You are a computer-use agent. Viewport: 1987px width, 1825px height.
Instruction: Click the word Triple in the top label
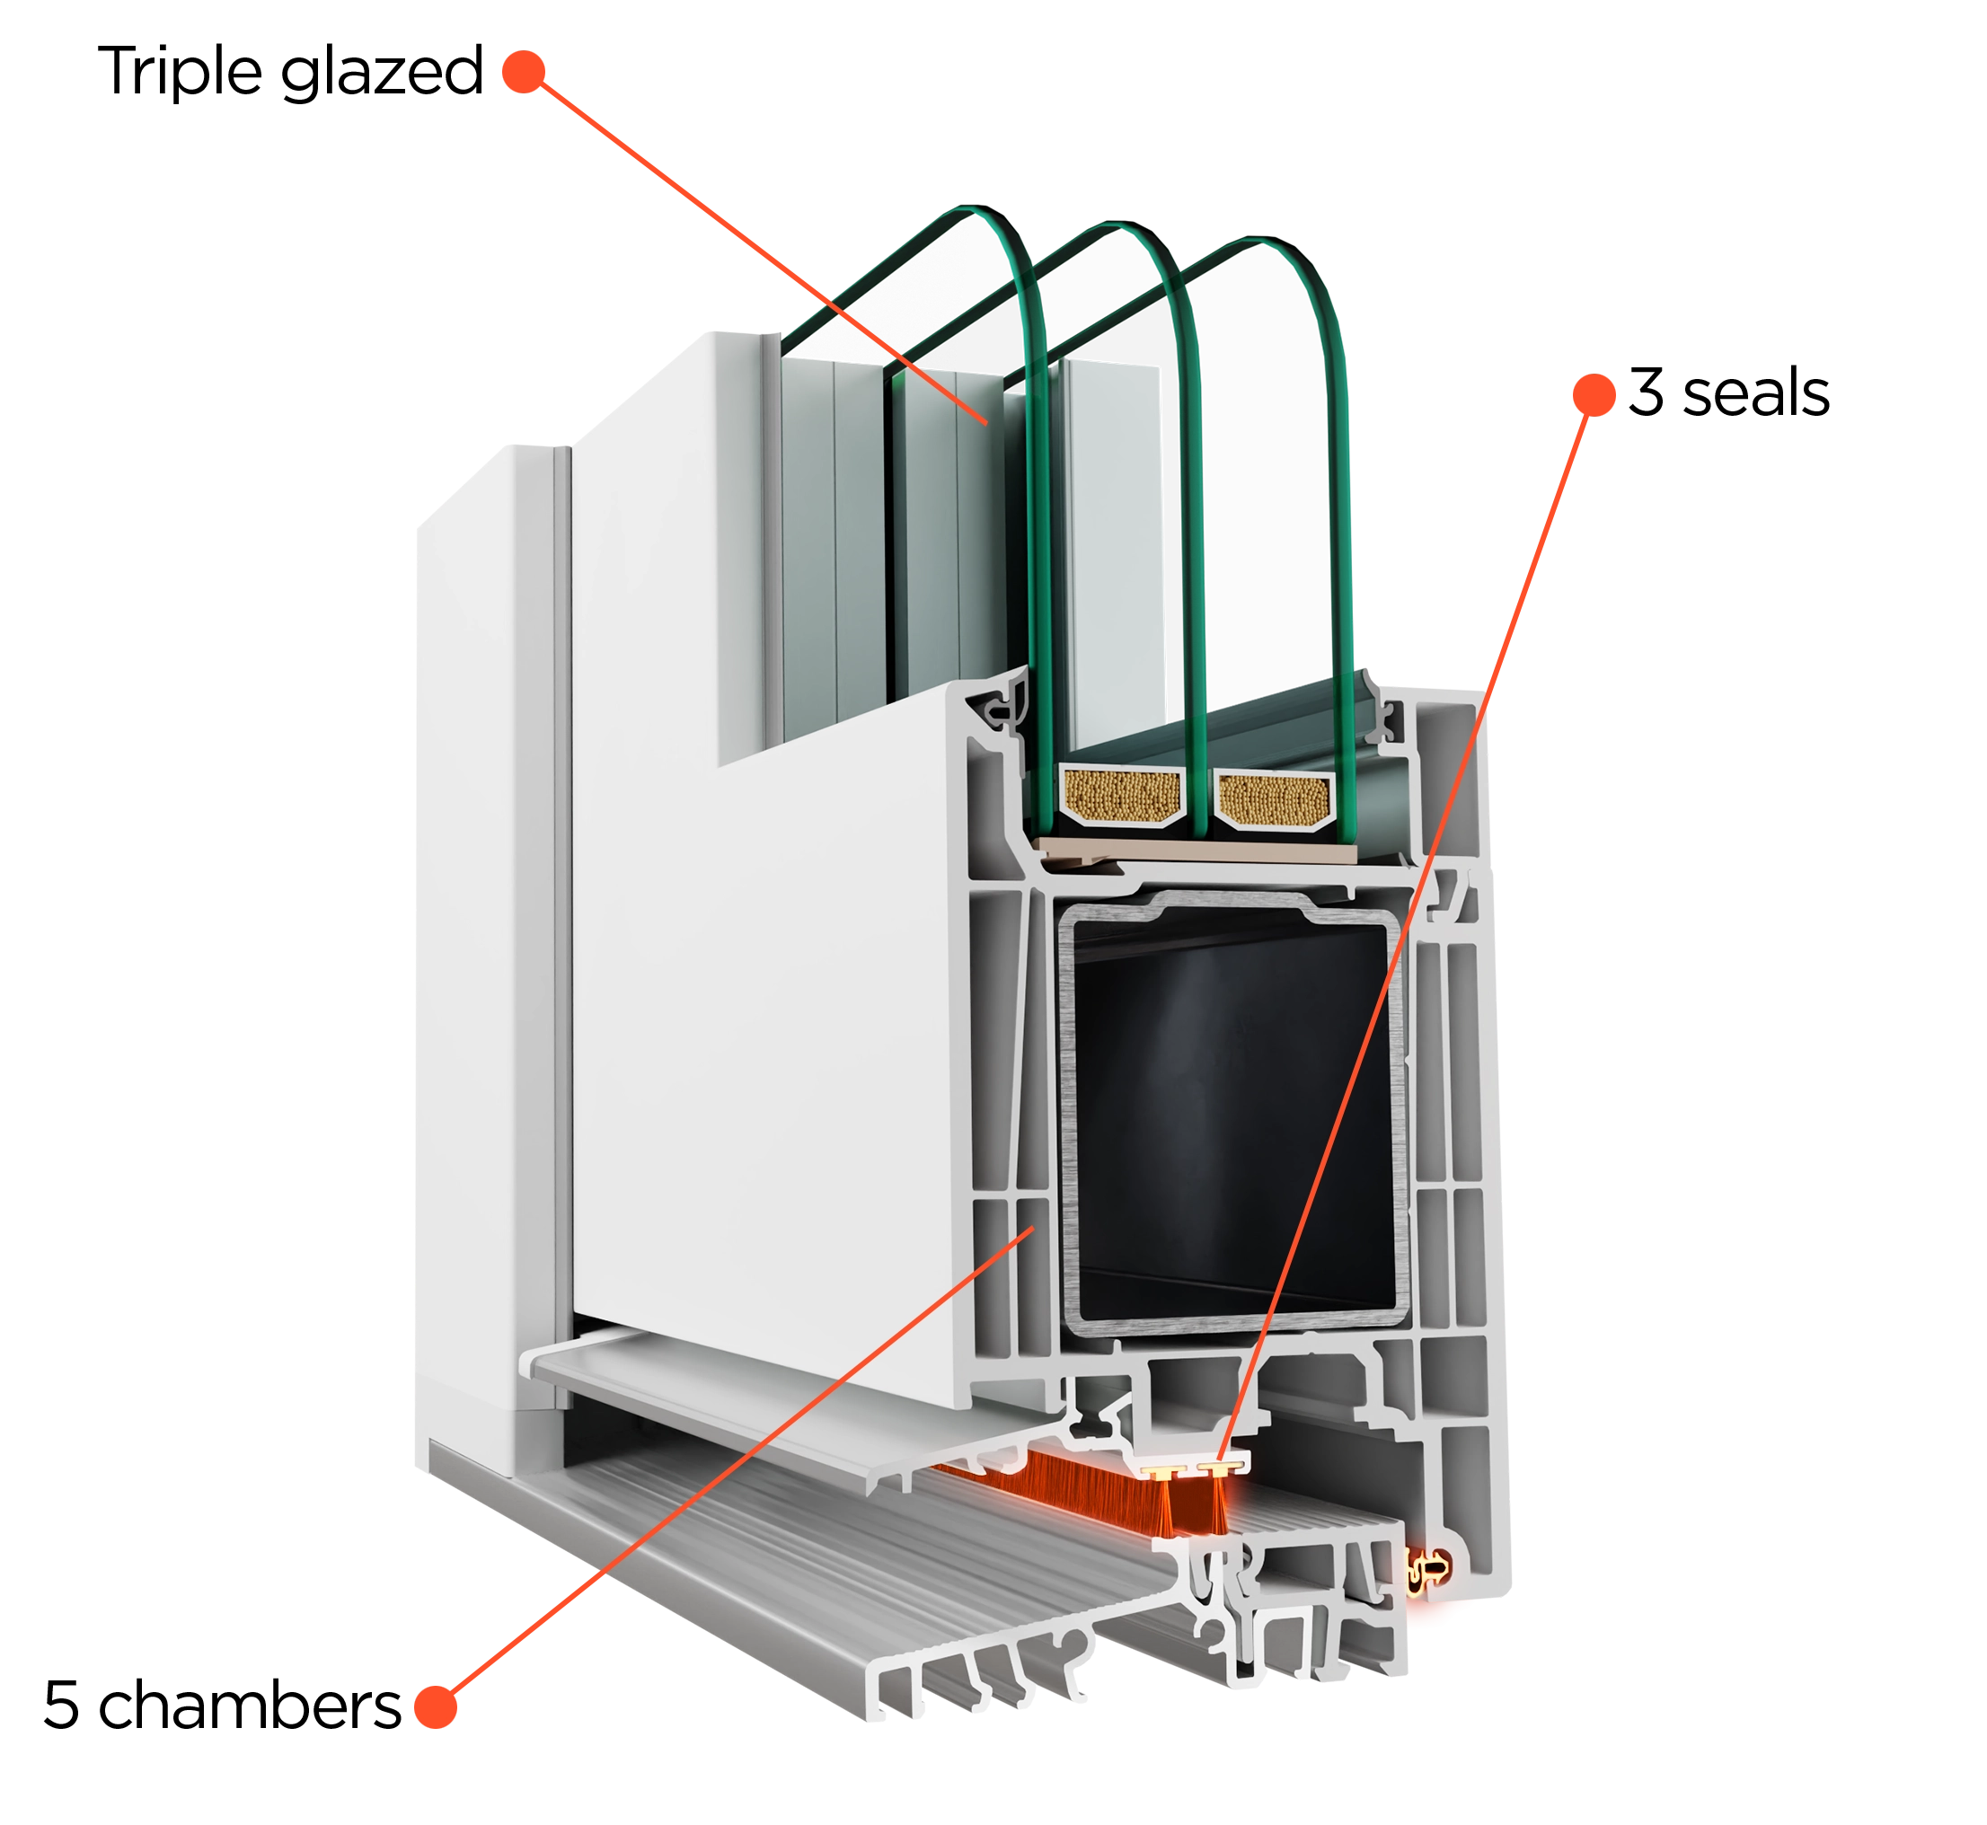point(180,73)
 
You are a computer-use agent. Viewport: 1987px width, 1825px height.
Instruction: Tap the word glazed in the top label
point(382,73)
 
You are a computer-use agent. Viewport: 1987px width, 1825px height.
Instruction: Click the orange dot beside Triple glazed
point(524,72)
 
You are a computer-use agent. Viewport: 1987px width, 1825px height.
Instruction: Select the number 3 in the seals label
point(1646,392)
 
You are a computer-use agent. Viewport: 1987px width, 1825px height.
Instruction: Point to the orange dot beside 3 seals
point(1594,394)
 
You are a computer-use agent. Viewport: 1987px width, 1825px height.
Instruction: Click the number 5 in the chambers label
point(61,1706)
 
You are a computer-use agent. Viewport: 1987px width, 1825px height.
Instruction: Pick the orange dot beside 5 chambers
point(436,1706)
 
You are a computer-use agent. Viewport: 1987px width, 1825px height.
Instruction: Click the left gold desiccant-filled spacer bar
point(1122,796)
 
